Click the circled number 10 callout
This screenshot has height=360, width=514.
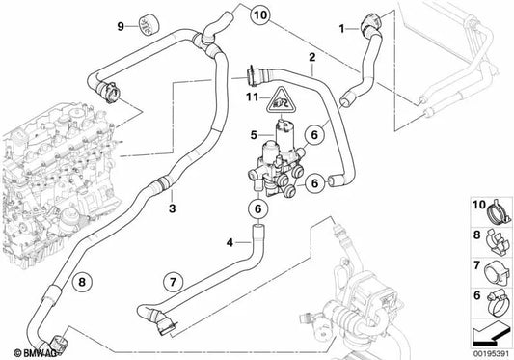[260, 15]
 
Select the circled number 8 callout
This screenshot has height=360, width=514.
[82, 282]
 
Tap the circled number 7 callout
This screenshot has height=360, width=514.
[173, 282]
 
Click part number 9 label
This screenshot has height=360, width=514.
[121, 26]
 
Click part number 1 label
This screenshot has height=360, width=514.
[342, 29]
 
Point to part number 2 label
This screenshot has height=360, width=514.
[312, 57]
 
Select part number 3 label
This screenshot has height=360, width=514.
[172, 208]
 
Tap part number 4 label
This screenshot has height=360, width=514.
[230, 243]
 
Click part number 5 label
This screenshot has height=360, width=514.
[254, 135]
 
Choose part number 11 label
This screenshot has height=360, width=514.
[253, 97]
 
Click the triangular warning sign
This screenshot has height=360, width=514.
[281, 101]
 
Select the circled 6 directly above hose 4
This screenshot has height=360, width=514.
[258, 208]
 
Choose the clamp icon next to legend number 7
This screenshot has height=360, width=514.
[497, 273]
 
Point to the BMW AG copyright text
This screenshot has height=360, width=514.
[35, 353]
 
